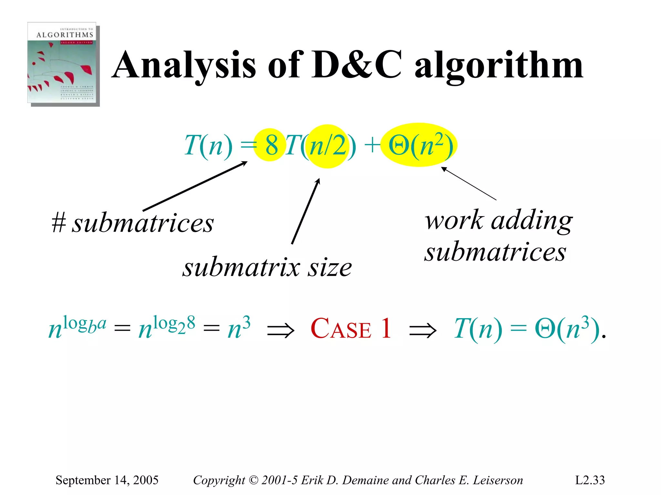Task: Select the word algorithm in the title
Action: pos(498,66)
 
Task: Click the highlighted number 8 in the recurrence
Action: pos(271,145)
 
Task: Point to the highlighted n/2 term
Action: pos(328,146)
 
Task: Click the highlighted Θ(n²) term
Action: pos(420,145)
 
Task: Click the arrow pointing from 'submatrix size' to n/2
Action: pos(305,211)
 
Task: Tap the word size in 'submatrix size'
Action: pos(329,268)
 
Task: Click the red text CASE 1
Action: pos(351,329)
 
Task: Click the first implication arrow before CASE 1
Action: pos(280,331)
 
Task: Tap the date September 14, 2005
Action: pos(107,480)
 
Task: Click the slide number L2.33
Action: pos(590,480)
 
